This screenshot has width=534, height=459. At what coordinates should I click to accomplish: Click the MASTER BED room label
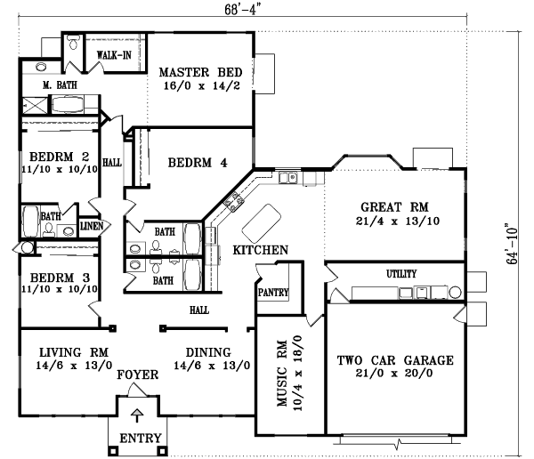[x=196, y=73]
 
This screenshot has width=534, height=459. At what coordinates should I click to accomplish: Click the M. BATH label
[x=61, y=85]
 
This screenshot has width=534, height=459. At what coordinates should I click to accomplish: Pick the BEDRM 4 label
[x=198, y=163]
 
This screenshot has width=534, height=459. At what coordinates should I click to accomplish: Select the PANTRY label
[x=273, y=291]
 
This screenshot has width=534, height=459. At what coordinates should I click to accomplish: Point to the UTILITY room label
[x=402, y=275]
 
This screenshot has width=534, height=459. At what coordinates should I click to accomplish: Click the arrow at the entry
[x=136, y=415]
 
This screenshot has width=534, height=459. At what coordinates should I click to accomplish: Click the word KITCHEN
[x=260, y=251]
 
